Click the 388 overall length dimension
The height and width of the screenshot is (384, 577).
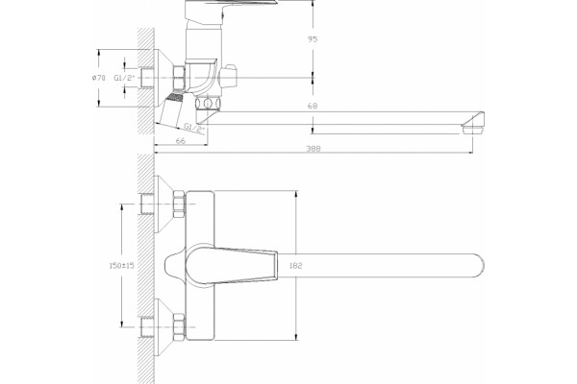point(314,149)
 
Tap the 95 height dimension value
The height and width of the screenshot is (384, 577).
point(313,39)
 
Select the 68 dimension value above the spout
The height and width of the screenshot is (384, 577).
point(313,107)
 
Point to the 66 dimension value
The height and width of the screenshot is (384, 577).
point(181,141)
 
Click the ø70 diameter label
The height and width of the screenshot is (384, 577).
point(98,78)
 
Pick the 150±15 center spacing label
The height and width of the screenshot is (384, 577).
point(122,265)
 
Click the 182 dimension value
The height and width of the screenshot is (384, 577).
point(295,265)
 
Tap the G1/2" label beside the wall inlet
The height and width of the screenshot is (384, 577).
point(124,78)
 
